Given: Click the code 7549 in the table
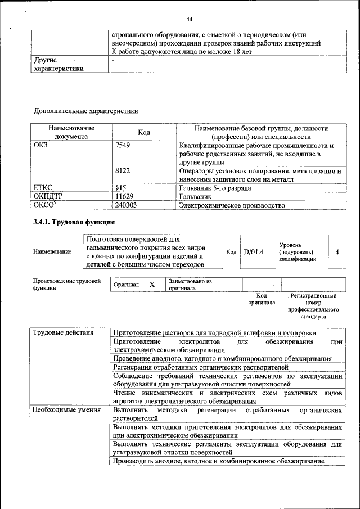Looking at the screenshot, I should [x=123, y=146].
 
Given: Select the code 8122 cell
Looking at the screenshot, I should [x=123, y=170].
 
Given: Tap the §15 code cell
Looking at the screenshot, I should [x=120, y=187].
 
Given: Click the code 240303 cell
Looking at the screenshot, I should [x=126, y=205].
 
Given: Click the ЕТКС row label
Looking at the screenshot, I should [x=44, y=187].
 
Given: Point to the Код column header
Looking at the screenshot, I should [x=143, y=132].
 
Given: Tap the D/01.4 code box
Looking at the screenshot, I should [x=254, y=251].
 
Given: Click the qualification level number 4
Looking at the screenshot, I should [x=336, y=251].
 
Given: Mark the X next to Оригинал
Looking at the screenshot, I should [x=152, y=285].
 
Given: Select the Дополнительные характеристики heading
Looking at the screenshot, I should [x=85, y=111].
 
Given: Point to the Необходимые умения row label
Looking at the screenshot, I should [x=66, y=411].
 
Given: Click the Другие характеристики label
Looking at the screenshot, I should [x=59, y=64].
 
